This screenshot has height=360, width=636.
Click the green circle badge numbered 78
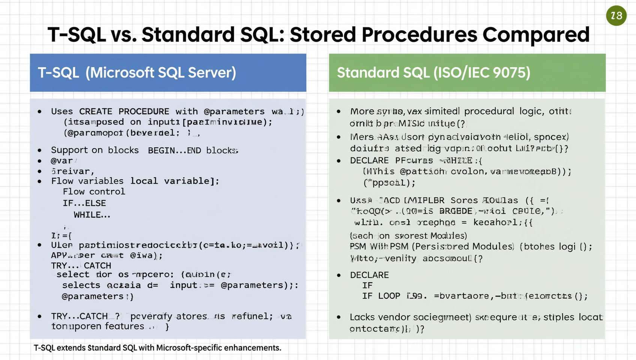tap(616, 16)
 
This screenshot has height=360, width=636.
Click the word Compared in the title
tap(536, 34)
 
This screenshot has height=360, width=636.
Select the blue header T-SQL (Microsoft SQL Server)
tap(168, 73)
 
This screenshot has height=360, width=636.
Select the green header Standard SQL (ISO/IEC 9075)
tap(467, 73)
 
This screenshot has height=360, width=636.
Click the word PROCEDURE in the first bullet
tap(144, 112)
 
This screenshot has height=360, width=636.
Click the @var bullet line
tap(62, 161)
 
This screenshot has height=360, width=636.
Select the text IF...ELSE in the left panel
tap(84, 203)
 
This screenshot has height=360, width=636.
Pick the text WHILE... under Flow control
tap(92, 215)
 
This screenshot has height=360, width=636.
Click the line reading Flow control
tap(94, 192)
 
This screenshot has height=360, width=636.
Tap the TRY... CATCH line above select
tap(81, 265)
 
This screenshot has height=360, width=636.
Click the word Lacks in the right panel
tap(362, 317)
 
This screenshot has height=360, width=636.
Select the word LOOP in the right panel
tap(389, 296)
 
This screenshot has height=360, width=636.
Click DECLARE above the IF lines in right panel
tap(369, 275)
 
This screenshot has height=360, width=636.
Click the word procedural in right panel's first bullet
tap(489, 111)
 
